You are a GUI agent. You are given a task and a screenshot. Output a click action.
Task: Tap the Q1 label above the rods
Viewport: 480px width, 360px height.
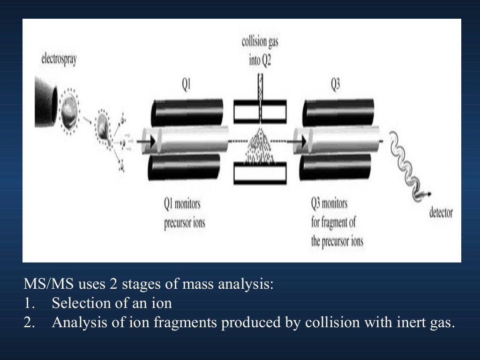click(186, 86)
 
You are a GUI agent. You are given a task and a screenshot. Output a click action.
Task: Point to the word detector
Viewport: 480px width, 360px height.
click(441, 213)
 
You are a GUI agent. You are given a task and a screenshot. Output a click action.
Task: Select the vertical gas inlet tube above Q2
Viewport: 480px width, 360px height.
click(260, 89)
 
